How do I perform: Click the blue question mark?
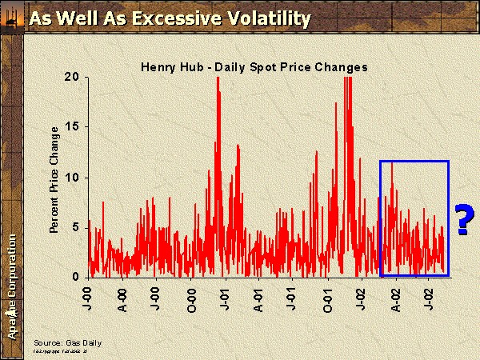coord(462,220)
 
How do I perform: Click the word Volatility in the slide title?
coord(261,18)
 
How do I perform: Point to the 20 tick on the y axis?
coord(74,77)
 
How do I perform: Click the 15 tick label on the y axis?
coord(74,127)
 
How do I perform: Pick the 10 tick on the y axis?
coord(74,177)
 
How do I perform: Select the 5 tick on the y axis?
coord(77,227)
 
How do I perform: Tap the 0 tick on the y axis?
coord(77,277)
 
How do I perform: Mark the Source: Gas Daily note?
coord(67,342)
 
